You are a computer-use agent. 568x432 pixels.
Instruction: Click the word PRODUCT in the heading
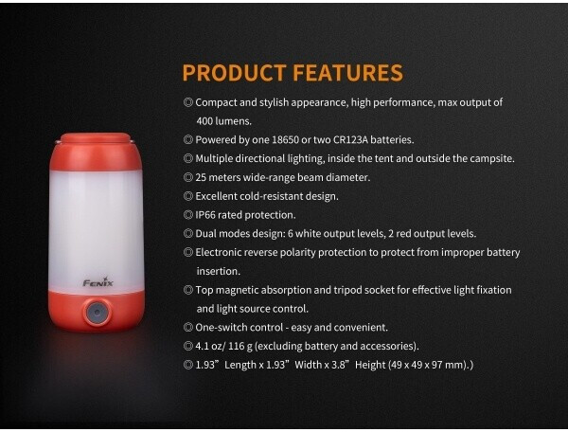coord(235,73)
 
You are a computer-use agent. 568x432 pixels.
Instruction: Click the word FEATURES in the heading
coord(347,73)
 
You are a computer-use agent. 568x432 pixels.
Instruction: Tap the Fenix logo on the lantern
coord(98,282)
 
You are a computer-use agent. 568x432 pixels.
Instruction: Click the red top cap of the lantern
coord(96,152)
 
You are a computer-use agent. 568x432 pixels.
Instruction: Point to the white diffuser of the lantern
coord(97,231)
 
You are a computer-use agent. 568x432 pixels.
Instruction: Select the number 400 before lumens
coord(204,121)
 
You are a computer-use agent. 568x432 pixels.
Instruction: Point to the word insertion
coord(218,271)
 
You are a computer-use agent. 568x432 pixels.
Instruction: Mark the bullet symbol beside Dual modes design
coord(188,233)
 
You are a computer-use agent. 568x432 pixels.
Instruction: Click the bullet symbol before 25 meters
coord(188,177)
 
